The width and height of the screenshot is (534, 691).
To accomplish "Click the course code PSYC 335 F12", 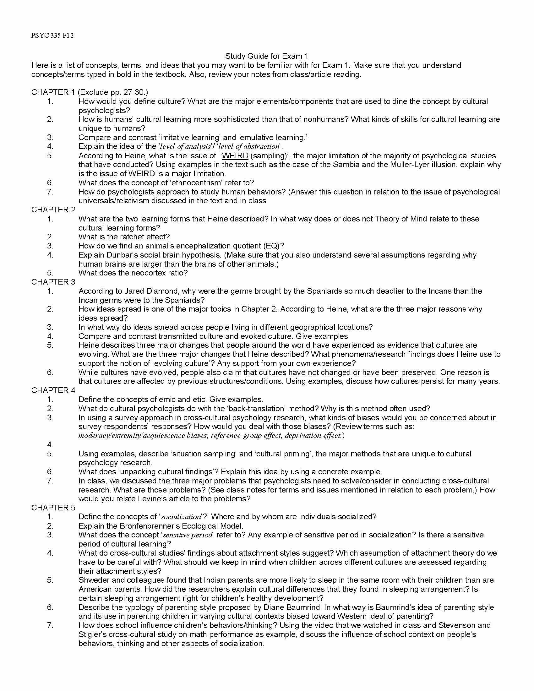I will click(52, 35).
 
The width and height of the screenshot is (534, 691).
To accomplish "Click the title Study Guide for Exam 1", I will click(266, 56).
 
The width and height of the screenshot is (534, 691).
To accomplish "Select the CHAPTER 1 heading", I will click(53, 92).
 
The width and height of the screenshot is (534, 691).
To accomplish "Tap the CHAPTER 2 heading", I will click(53, 209).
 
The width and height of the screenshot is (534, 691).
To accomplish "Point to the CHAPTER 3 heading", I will click(53, 282).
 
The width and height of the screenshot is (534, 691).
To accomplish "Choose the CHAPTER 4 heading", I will click(53, 390).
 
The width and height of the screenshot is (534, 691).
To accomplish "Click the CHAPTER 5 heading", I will click(53, 508).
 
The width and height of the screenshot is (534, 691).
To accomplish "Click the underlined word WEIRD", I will click(235, 156).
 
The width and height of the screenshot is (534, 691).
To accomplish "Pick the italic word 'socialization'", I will click(181, 517).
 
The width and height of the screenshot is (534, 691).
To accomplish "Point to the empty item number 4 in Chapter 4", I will click(50, 444).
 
